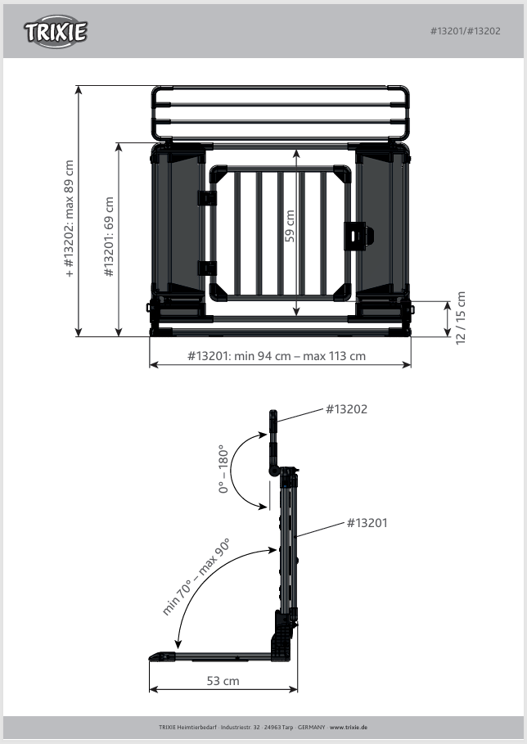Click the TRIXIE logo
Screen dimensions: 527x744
tap(56, 31)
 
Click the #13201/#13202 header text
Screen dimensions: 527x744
tap(466, 31)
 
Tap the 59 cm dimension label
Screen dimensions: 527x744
tap(290, 226)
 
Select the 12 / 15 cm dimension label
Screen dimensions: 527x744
tap(461, 318)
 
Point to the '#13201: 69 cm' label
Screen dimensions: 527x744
tap(109, 237)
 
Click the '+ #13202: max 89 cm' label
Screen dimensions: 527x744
tap(70, 219)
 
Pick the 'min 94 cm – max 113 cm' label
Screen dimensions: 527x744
tap(300, 356)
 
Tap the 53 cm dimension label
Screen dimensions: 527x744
tap(223, 681)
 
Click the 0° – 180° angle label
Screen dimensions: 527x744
tap(223, 469)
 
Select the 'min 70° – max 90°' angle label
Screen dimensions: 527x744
tap(196, 576)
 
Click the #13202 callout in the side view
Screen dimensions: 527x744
tap(346, 409)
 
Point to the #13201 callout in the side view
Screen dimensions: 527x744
tap(367, 523)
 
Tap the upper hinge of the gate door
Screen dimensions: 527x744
tap(207, 198)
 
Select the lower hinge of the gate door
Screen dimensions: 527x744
tap(207, 268)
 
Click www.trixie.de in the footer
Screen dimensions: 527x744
tap(349, 727)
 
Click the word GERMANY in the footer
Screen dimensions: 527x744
tap(312, 727)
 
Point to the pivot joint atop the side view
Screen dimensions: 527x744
tap(274, 471)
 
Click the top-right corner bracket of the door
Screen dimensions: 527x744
tap(343, 174)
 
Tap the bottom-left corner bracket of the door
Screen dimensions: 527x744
tap(218, 292)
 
